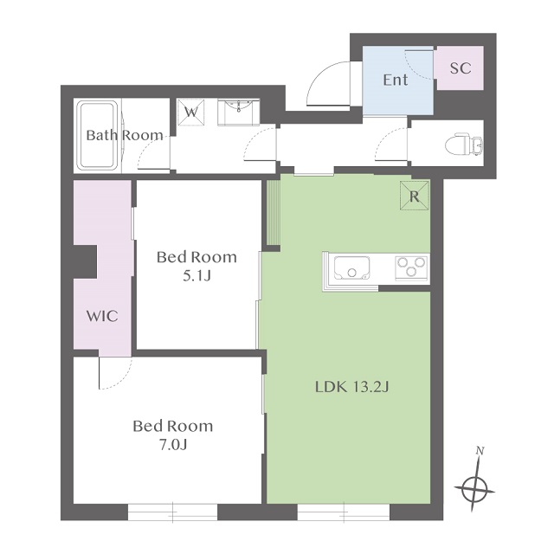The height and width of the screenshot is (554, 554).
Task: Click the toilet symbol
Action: [x=464, y=145]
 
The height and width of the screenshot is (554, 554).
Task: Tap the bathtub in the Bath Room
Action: [x=98, y=135]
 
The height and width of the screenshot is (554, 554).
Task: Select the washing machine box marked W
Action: [x=191, y=112]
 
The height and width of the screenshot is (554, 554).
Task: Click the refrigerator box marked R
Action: [x=415, y=196]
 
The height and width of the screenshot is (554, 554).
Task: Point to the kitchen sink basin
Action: [x=352, y=267]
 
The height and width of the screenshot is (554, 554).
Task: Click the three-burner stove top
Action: [x=411, y=267]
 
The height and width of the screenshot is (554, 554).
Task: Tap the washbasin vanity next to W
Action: [x=239, y=112]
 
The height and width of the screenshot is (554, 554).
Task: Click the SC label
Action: [x=461, y=68]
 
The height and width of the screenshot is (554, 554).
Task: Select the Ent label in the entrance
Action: [x=396, y=80]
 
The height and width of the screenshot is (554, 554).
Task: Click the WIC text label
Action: [x=102, y=316]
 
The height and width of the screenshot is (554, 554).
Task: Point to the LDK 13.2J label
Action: [x=352, y=387]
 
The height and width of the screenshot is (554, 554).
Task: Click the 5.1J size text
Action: [x=196, y=276]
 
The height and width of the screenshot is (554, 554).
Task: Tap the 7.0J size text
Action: [x=173, y=445]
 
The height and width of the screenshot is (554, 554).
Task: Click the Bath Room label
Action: [x=125, y=135]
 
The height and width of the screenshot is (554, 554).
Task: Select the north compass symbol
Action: [x=474, y=489]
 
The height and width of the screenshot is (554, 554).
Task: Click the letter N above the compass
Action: [x=480, y=450]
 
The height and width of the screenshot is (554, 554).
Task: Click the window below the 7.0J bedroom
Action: [x=172, y=512]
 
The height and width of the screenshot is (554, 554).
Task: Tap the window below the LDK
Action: [x=344, y=512]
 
